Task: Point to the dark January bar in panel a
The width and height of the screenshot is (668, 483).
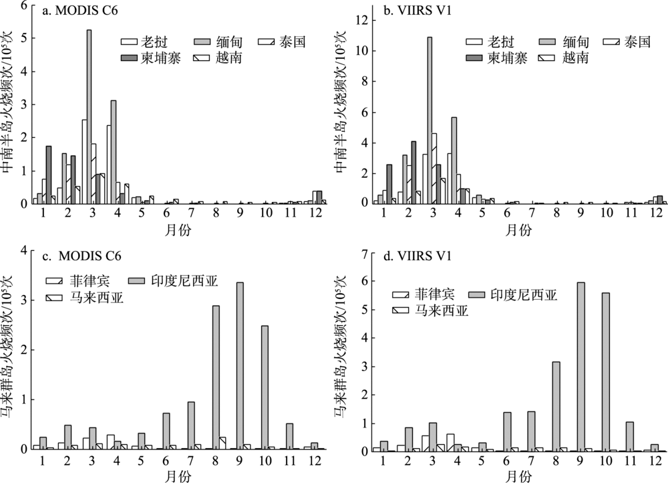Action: (49, 175)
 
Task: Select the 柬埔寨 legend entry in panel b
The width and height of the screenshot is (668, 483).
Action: (494, 58)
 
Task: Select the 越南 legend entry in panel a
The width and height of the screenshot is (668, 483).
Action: (223, 58)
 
